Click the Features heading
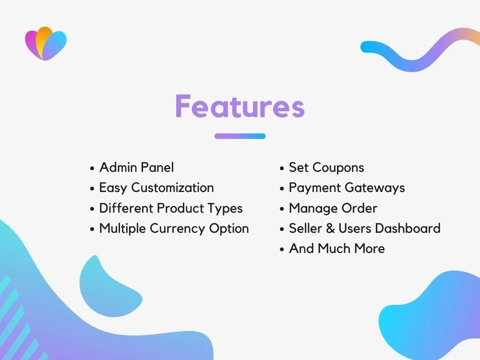(x=240, y=106)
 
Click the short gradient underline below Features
(x=240, y=136)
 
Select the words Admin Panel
(x=136, y=168)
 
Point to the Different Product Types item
(x=170, y=208)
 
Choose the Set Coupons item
(x=326, y=168)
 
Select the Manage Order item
(x=333, y=208)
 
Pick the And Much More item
(x=336, y=249)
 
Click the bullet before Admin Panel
(x=92, y=168)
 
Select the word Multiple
(x=122, y=228)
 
